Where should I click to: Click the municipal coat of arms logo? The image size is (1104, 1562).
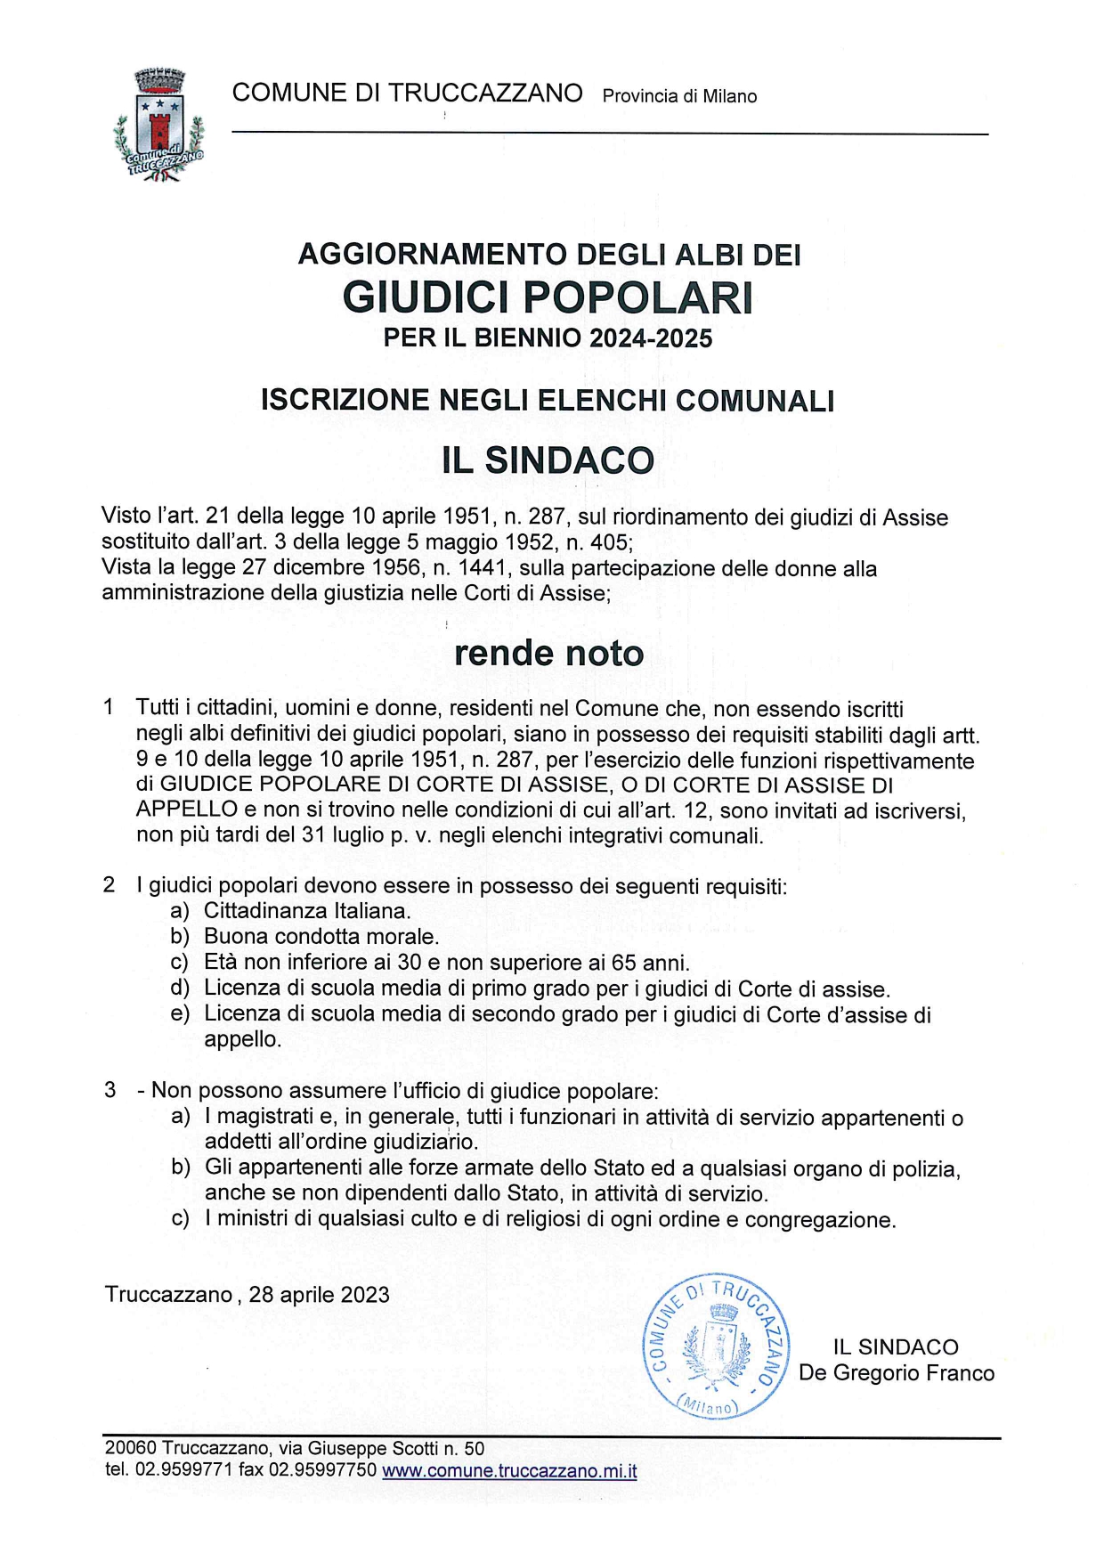coord(160,126)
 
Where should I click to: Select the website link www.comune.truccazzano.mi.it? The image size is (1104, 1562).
coord(509,1470)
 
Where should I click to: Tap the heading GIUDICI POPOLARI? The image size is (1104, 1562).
coord(548,297)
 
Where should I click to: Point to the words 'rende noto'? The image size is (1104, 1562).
coord(548,653)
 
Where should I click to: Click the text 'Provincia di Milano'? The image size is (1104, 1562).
coord(679,96)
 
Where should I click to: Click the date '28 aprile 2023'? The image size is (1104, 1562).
coord(319,1294)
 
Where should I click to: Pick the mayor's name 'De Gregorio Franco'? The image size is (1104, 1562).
coord(896,1372)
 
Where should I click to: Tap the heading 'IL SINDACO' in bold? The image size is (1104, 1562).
coord(548,460)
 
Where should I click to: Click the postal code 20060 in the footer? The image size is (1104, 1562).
coord(130,1448)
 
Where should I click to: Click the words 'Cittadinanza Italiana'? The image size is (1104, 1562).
coord(306,911)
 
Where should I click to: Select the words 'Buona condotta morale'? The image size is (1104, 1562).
coord(321,937)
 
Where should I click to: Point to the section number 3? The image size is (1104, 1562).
coord(110,1090)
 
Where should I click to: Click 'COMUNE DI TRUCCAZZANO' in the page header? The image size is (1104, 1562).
coord(407,93)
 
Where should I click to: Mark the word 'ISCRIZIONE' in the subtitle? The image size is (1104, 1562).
coord(345,401)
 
